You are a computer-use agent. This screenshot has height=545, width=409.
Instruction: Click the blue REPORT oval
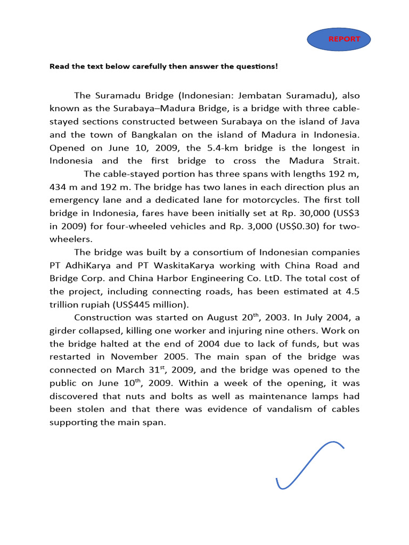point(339,39)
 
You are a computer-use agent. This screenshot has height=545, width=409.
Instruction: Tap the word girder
point(64,331)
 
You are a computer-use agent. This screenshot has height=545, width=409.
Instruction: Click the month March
point(147,370)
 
